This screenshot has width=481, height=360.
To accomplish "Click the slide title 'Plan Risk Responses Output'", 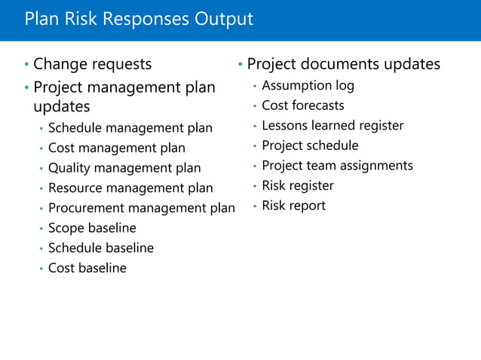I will point(139,19).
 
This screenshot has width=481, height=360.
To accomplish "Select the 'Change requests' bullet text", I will point(92,65).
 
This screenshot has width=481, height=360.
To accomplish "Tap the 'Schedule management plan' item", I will point(130,128).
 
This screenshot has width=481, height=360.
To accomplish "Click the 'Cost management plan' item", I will point(116,148).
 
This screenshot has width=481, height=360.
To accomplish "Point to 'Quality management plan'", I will point(124,168).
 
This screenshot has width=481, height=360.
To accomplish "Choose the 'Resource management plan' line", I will point(130,188).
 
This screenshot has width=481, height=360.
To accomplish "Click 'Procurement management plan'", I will point(141,208).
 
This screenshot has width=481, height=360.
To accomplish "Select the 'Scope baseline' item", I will point(92,227).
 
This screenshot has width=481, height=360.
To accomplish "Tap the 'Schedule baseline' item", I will point(100,248).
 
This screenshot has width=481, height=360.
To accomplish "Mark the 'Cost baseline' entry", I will point(87,268).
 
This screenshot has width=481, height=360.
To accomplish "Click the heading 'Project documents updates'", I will point(343,65).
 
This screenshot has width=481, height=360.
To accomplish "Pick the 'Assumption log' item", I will point(308,86).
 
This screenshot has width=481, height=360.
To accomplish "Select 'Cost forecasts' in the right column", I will point(302,105).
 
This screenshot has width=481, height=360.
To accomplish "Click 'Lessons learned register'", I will point(332,126).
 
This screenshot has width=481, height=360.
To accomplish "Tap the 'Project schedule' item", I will point(310,145).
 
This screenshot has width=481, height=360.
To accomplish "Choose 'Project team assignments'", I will point(337,166).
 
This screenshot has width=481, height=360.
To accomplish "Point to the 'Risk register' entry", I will point(297,185).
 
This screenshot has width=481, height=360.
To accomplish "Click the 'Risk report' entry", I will point(293,206).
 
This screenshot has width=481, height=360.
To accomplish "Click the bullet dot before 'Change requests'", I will point(26,66).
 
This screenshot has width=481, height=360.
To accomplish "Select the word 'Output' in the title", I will point(223,19).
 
